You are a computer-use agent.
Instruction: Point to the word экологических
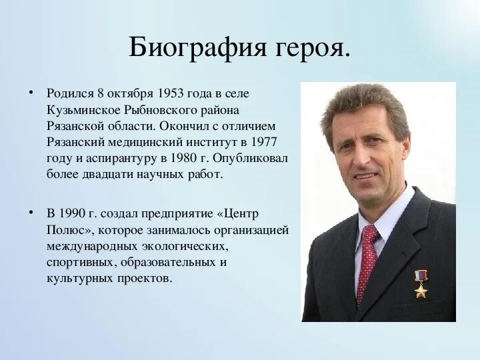[194, 246]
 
